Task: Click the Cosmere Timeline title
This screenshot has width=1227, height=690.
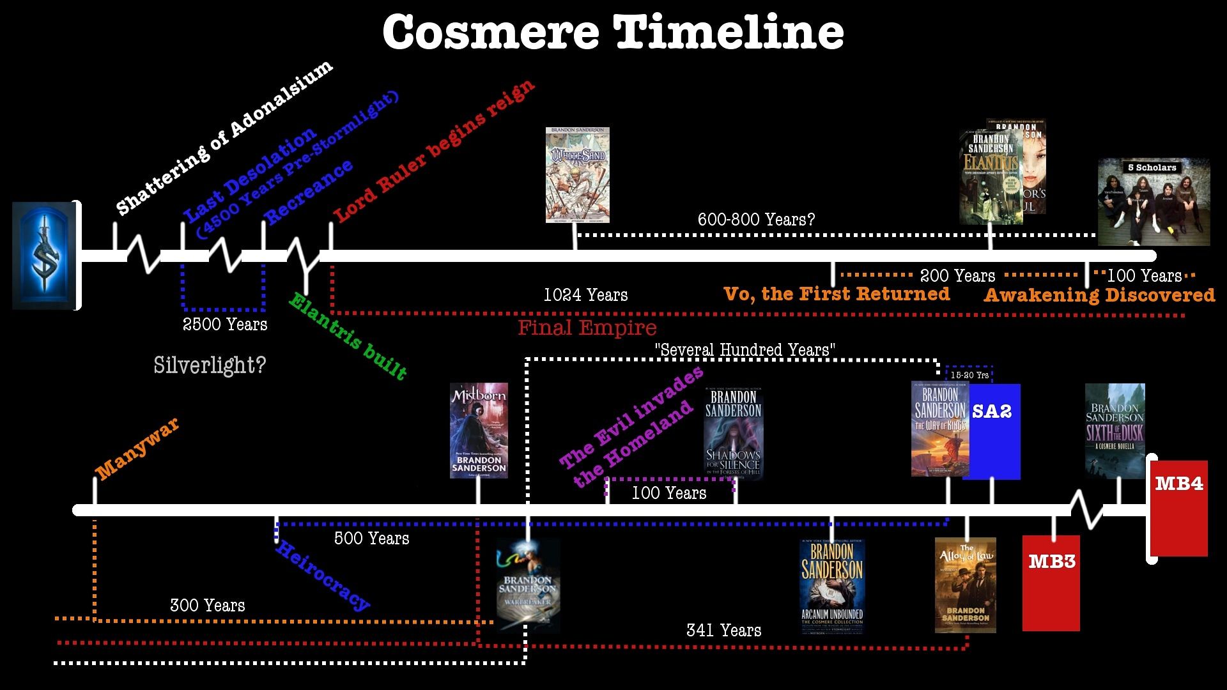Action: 613,32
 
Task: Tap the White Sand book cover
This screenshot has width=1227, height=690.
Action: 577,174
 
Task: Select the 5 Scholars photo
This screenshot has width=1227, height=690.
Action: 1154,202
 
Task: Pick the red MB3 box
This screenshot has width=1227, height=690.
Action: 1051,583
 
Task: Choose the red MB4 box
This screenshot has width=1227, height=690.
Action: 1179,508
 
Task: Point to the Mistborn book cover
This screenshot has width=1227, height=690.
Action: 479,430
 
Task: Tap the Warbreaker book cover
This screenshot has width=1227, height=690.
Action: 529,585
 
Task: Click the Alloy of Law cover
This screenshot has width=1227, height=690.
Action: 965,585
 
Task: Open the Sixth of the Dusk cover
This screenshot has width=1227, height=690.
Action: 1115,431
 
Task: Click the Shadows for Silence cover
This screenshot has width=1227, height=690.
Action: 733,433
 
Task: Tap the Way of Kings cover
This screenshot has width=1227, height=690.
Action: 939,429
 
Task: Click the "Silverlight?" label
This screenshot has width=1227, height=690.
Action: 210,365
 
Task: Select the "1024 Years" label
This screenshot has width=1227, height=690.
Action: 585,295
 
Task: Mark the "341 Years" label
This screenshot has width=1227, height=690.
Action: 723,631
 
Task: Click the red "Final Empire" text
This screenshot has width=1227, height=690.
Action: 587,328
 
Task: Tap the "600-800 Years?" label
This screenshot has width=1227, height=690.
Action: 756,220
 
